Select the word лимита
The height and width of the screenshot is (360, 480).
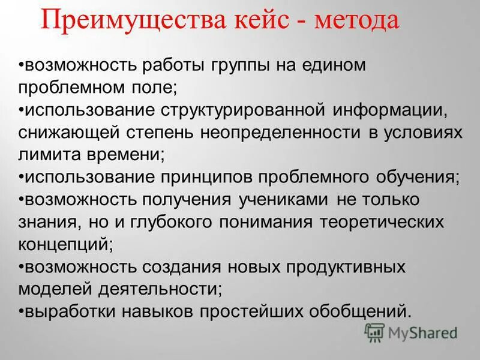47,155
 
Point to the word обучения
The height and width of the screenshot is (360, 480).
412,178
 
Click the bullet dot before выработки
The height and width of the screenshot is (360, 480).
21,312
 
